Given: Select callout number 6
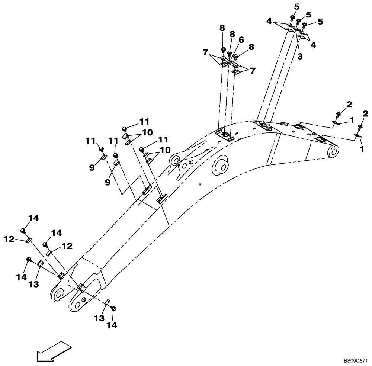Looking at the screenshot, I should click(x=241, y=39).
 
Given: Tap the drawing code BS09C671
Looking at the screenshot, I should click(x=355, y=361).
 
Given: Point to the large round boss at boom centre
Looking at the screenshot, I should click(x=220, y=166).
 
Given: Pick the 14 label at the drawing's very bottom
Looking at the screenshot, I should click(x=112, y=325).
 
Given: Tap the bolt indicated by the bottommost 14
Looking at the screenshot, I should click(x=114, y=308).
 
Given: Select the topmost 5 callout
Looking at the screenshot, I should click(x=296, y=6).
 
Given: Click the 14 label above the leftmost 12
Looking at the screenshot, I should click(x=33, y=218).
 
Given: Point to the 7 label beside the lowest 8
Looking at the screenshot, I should click(x=253, y=71).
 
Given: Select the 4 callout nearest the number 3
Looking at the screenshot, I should click(x=313, y=45).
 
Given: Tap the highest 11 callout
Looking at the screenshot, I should click(x=144, y=121).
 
